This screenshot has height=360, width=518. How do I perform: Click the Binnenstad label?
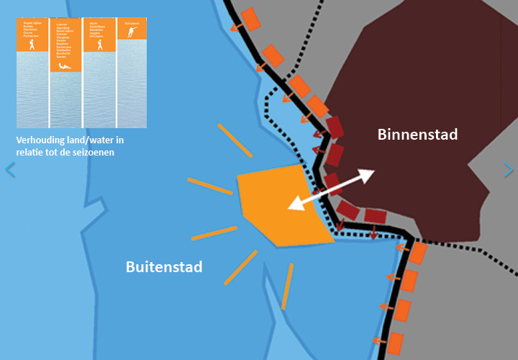coord(418,134)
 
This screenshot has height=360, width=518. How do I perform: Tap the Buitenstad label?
coord(164,267)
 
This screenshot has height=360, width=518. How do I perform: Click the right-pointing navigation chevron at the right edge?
coord(509,170)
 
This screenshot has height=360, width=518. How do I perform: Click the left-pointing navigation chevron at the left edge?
coord(9,170)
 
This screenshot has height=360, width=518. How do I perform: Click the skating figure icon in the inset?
coord(131,32)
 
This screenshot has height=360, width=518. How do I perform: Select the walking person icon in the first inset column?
coord(32,45)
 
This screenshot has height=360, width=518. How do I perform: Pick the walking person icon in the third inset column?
coord(99,45)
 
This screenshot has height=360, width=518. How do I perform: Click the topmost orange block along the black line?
coord(251,19)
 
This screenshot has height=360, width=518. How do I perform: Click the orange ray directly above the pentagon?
coord(235,140)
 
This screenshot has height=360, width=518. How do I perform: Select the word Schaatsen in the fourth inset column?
coord(131,24)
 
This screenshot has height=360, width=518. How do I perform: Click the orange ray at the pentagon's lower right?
coord(288,286)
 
